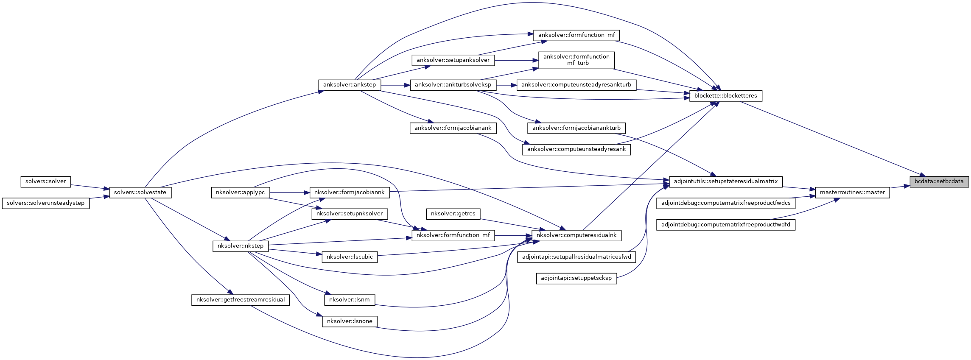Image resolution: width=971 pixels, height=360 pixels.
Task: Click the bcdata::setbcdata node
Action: pos(939,181)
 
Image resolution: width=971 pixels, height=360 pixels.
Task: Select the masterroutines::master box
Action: pos(852,193)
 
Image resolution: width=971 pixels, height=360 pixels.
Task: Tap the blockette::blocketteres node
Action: pos(725,96)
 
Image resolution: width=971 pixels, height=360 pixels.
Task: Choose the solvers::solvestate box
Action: pos(140,193)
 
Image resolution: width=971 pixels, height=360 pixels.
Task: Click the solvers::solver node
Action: pos(45,181)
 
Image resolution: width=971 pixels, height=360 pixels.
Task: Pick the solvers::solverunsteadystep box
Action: pos(45,203)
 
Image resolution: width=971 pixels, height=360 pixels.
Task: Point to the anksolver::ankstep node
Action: pos(349,85)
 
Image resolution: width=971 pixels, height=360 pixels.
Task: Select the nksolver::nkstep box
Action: pos(240,246)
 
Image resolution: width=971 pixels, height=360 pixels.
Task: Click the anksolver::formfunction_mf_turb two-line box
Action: pos(576,60)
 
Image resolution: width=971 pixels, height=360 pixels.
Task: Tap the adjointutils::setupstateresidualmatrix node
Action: pos(725,181)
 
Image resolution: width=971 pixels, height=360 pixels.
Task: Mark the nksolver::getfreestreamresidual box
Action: pos(241,300)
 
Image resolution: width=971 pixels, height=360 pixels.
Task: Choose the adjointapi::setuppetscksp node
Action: pos(576,278)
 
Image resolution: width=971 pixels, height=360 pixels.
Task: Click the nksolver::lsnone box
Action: pos(349,321)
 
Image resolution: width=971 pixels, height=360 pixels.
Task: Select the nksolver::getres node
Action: pos(453,214)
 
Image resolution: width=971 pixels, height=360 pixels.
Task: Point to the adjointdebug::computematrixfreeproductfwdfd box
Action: pos(725,225)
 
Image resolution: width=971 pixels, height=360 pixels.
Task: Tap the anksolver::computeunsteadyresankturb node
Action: pos(576,85)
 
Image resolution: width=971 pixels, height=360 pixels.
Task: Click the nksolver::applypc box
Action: pos(240,193)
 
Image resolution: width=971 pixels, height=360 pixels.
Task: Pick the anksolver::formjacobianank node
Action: pos(453,128)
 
